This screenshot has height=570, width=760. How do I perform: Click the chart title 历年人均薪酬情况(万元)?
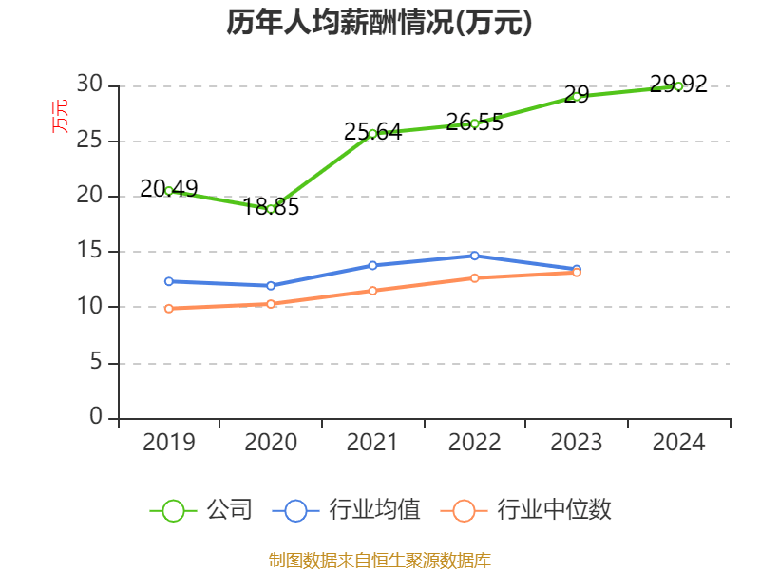[379, 23]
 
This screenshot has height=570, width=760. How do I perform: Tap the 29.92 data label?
[678, 84]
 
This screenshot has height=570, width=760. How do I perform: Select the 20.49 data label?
[169, 189]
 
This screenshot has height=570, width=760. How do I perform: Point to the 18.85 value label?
[271, 206]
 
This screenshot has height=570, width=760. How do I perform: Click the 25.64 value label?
[372, 132]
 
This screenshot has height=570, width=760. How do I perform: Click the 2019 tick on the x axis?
[169, 442]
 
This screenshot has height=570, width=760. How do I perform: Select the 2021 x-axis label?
[372, 442]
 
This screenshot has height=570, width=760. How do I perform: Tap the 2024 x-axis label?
[678, 442]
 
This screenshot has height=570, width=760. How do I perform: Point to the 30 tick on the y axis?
[90, 85]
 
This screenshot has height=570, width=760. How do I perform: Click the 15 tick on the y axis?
[90, 252]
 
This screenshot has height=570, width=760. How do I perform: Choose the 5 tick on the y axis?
[95, 362]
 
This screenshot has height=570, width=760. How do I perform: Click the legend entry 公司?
[229, 510]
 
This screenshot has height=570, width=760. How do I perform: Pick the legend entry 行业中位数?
[554, 510]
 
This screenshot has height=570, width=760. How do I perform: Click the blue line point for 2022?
[475, 256]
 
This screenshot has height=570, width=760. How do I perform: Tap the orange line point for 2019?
[169, 308]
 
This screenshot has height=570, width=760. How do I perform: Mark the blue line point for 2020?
[271, 285]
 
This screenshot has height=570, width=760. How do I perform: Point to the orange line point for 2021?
[372, 290]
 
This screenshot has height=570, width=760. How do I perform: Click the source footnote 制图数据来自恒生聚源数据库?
[379, 560]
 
